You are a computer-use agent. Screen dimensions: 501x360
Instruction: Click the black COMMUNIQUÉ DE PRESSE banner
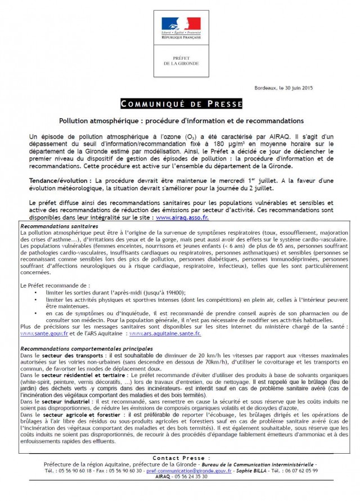[x=181, y=105]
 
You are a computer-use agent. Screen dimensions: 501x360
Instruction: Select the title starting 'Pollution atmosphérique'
[x=181, y=120]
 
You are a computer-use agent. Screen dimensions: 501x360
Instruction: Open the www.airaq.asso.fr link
[x=178, y=217]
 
